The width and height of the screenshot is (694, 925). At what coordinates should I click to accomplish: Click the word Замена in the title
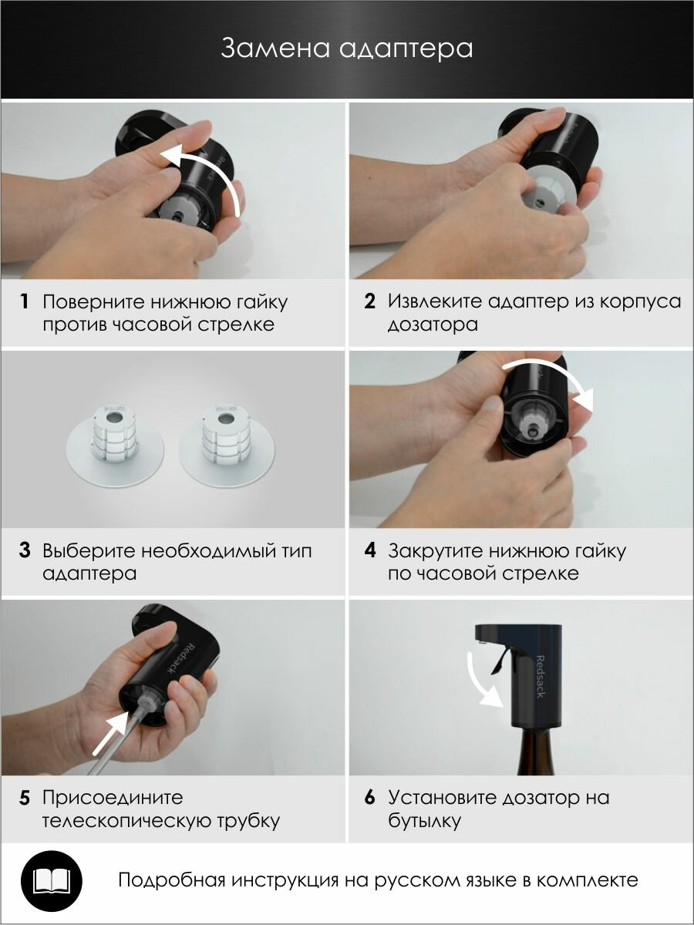tap(275, 48)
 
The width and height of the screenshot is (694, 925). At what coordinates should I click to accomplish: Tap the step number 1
tap(25, 301)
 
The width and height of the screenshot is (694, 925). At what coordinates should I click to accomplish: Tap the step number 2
tap(369, 301)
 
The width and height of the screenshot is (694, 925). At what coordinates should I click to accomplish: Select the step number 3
tap(25, 550)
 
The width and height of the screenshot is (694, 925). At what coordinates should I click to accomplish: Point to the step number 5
tap(25, 798)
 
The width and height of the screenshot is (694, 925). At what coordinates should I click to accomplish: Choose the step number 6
tap(369, 797)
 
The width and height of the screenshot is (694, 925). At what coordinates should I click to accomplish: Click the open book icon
tap(52, 881)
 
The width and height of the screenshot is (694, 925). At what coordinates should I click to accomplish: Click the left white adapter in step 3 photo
tap(115, 446)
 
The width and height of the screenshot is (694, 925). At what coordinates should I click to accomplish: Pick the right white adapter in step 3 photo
tap(226, 446)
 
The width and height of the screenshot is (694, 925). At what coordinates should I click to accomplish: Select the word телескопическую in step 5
tap(126, 821)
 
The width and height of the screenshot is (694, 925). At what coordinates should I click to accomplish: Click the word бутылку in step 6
tap(424, 821)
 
